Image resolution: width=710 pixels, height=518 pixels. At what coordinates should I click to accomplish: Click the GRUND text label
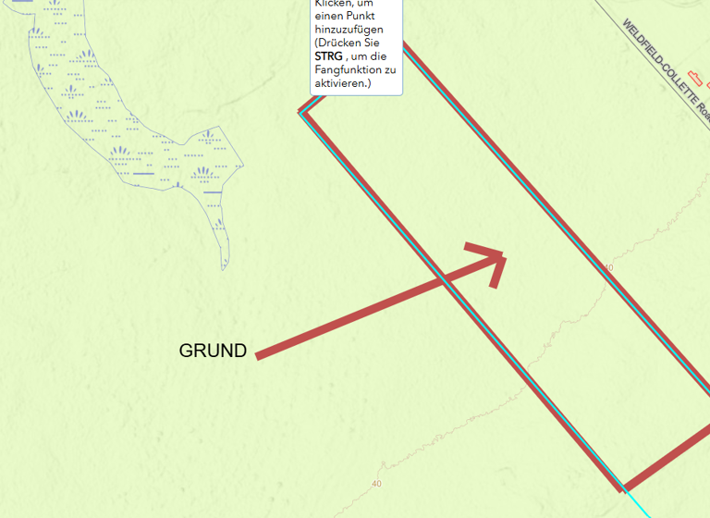coord(213,351)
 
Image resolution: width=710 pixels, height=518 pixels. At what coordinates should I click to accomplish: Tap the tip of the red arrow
coord(504,253)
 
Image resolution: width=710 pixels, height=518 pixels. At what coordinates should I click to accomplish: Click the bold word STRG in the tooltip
coord(328,56)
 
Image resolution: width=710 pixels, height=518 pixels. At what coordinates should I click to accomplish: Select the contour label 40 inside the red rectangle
coord(607,268)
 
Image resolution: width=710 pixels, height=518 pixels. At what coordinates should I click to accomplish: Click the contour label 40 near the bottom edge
coord(375,484)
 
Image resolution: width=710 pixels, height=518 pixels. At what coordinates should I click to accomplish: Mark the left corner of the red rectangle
coord(300,112)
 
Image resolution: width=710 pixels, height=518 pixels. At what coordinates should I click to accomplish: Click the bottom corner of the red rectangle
coord(623,487)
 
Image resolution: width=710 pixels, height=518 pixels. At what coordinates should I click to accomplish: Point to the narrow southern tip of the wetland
coord(224,266)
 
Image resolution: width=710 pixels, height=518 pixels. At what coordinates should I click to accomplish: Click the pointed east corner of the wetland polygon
coord(243,166)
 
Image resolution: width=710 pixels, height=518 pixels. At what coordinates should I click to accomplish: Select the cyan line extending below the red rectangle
coord(643,505)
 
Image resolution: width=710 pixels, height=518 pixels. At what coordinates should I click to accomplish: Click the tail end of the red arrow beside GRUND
coord(259,355)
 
